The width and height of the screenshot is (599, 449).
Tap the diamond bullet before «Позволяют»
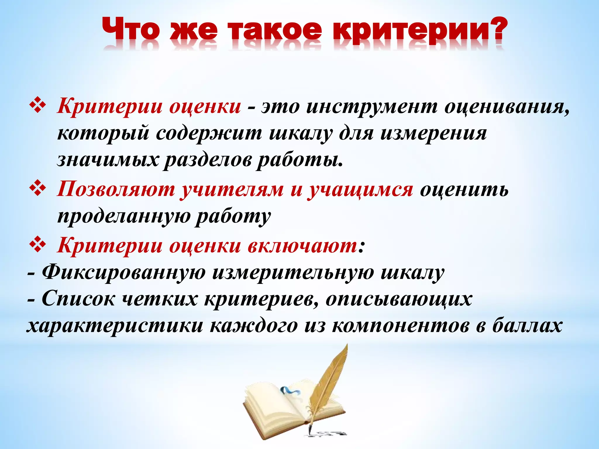(38, 189)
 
